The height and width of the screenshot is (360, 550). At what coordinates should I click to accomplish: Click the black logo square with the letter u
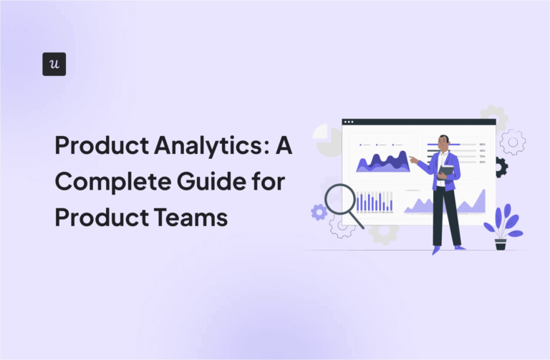[x=54, y=64]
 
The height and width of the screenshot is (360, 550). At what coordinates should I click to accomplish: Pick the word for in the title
[x=269, y=183]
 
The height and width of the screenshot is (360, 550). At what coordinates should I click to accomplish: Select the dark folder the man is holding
[x=446, y=172]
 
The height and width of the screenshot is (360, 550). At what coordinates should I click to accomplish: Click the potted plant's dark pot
[x=501, y=244]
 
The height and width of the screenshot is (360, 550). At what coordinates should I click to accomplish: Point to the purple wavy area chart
[x=382, y=162]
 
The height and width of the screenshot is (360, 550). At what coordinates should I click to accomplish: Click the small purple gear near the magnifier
[x=319, y=212]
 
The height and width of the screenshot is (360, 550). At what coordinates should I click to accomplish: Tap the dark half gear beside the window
[x=501, y=167]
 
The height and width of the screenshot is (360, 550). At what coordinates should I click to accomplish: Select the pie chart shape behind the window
[x=328, y=139]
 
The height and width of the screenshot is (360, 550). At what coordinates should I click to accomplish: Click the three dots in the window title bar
[x=349, y=122]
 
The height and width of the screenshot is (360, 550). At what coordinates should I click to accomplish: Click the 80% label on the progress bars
[x=483, y=144]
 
